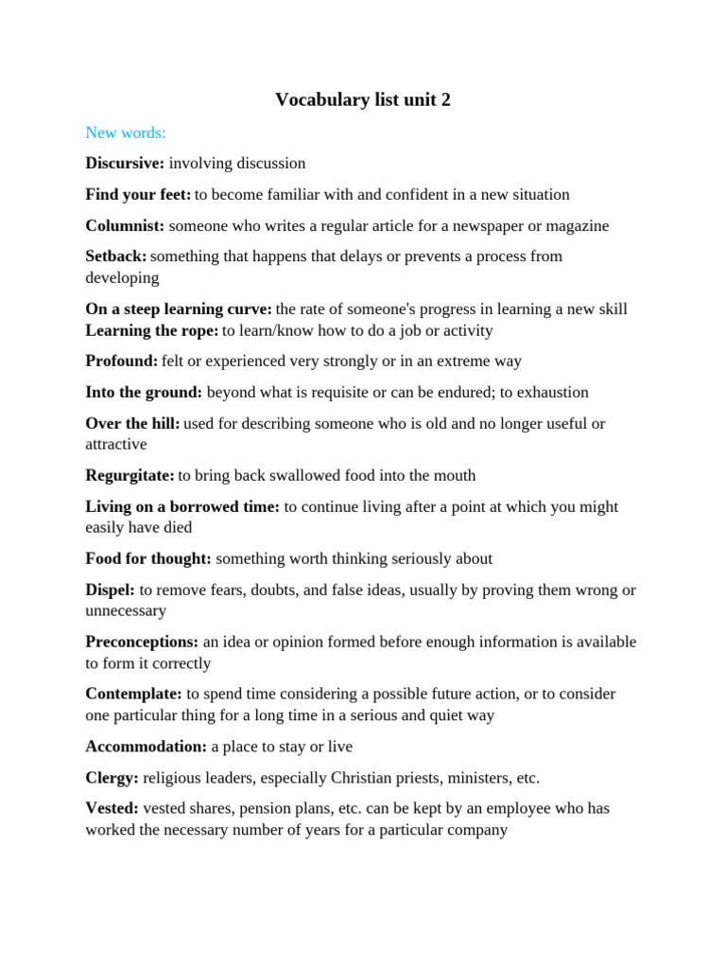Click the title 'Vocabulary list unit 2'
(x=363, y=99)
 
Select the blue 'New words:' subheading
(x=126, y=132)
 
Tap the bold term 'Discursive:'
(x=125, y=164)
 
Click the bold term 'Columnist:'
(x=125, y=225)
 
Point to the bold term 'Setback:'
(x=116, y=256)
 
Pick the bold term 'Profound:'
(x=122, y=361)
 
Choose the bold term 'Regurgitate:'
(x=130, y=476)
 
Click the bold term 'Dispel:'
(x=111, y=590)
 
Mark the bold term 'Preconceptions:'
(x=142, y=643)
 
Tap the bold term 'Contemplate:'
(x=133, y=695)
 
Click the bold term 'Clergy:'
(x=112, y=778)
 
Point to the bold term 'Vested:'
(x=112, y=809)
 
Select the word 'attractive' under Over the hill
(x=116, y=444)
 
